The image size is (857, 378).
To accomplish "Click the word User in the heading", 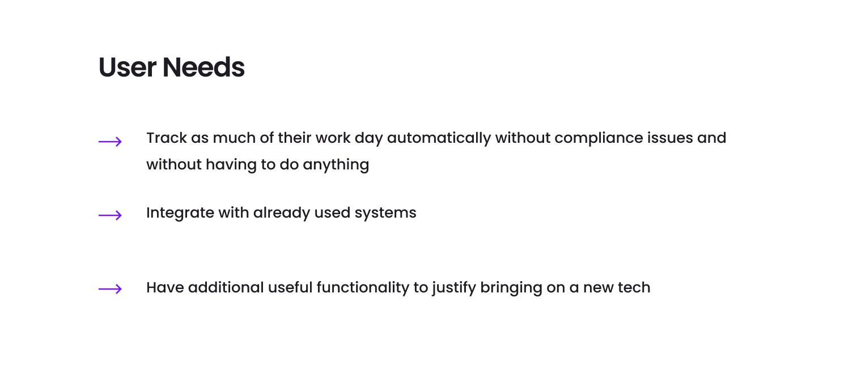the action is (127, 67).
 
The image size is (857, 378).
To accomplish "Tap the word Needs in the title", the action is (203, 67).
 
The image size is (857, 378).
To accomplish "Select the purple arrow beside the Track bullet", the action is (110, 142).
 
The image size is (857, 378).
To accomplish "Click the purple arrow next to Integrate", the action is (110, 215).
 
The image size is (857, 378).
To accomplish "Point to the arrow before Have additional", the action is (110, 289).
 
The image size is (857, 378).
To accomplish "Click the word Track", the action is (167, 138).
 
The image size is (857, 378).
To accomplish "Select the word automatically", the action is (439, 139).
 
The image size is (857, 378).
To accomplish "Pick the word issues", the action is (670, 138).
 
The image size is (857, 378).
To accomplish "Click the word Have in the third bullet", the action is (166, 287).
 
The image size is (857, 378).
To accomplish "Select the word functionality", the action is (363, 288).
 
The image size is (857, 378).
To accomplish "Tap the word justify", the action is (454, 288).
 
